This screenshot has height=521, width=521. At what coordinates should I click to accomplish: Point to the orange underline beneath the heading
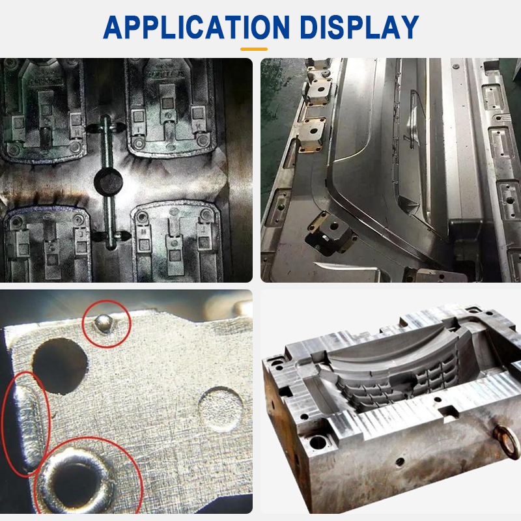pyautogui.click(x=254, y=48)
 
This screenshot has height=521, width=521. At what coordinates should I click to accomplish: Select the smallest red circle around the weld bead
pyautogui.click(x=106, y=325)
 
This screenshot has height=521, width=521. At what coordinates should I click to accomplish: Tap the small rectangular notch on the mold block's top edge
pyautogui.click(x=448, y=412)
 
